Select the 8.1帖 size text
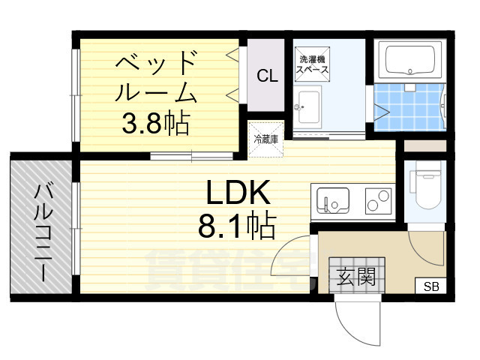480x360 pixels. click(236, 223)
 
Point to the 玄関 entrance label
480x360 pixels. click(355, 277)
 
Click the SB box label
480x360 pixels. click(431, 286)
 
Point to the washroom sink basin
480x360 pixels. click(307, 106)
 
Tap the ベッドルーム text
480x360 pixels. click(156, 77)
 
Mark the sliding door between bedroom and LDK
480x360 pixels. click(191, 156)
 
